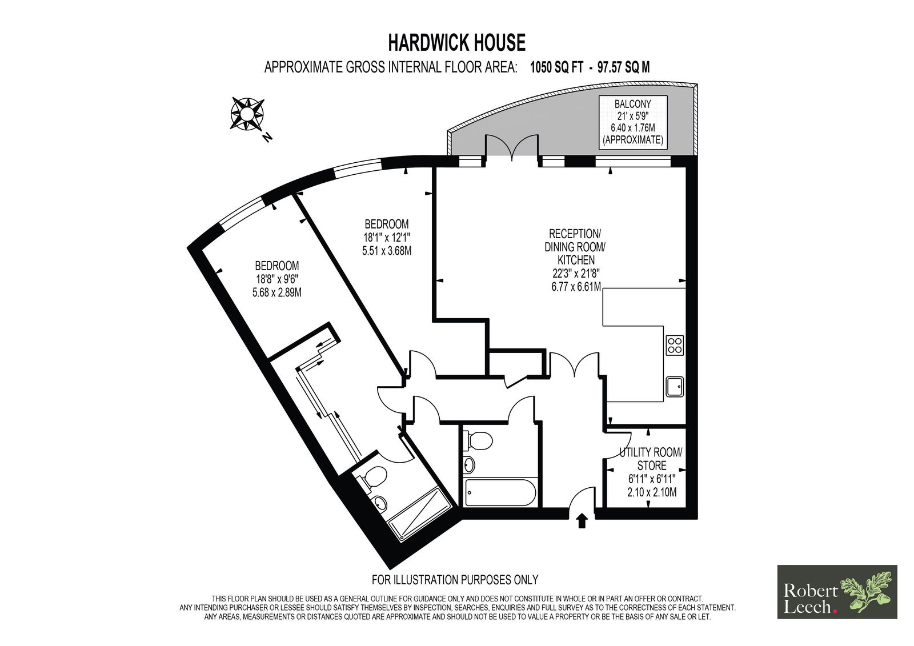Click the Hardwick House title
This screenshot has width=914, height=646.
456,43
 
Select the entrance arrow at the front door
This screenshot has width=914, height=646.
582,521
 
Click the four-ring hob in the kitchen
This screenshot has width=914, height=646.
675,345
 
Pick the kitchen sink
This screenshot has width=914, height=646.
675,387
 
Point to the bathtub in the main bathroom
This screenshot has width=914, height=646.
500,492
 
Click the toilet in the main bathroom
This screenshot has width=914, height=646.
478,441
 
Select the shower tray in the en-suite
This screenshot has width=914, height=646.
419,514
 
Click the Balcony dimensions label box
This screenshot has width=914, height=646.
633,122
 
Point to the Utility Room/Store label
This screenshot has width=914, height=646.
651,459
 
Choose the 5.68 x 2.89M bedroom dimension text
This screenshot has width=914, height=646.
277,292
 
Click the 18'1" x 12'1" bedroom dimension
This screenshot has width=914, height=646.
386,237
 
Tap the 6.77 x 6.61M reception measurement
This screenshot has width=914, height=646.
576,286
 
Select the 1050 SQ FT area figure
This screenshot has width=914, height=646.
556,67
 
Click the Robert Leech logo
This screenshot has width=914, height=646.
837,592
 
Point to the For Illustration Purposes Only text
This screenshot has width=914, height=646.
455,579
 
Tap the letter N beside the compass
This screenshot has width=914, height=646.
267,138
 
